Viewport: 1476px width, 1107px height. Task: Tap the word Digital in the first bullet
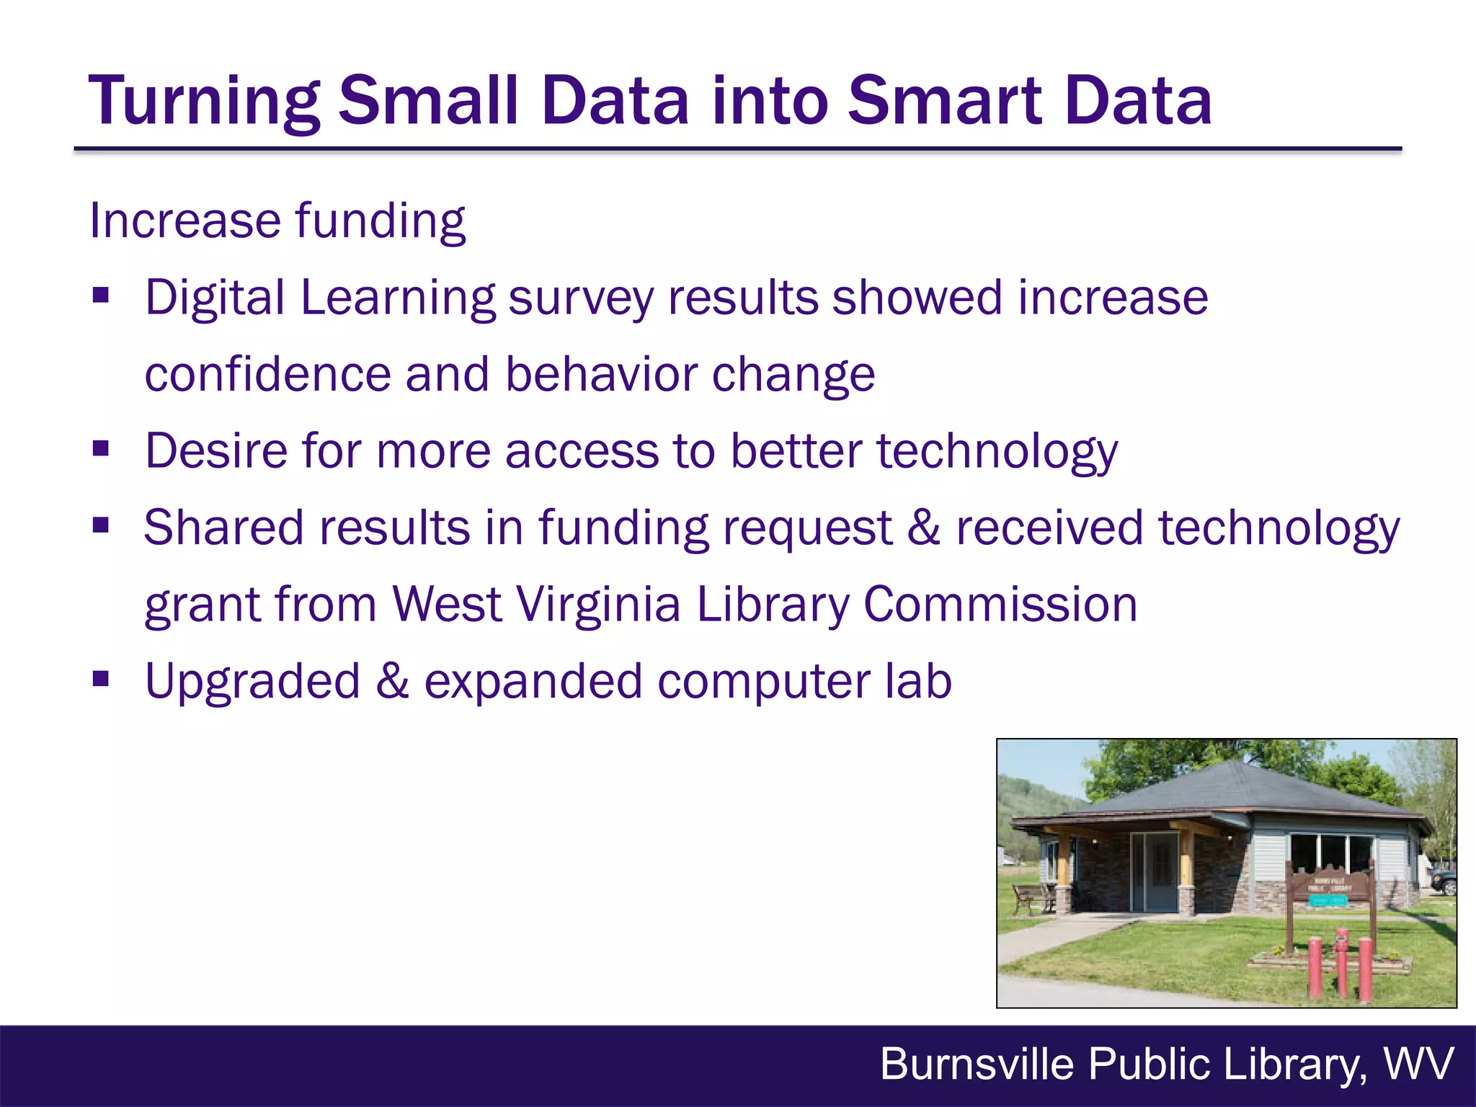(x=215, y=298)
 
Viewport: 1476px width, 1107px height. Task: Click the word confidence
(x=267, y=374)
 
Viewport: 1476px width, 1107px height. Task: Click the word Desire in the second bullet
(x=216, y=451)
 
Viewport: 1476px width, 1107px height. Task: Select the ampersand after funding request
(x=924, y=528)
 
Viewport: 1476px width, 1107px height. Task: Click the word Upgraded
(x=252, y=682)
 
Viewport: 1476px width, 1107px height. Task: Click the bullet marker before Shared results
(x=101, y=526)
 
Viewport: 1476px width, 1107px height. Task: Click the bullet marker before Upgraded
(x=101, y=679)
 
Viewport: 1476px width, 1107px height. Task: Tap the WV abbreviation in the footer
(x=1418, y=1064)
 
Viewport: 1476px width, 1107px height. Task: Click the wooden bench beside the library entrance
(x=1033, y=899)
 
